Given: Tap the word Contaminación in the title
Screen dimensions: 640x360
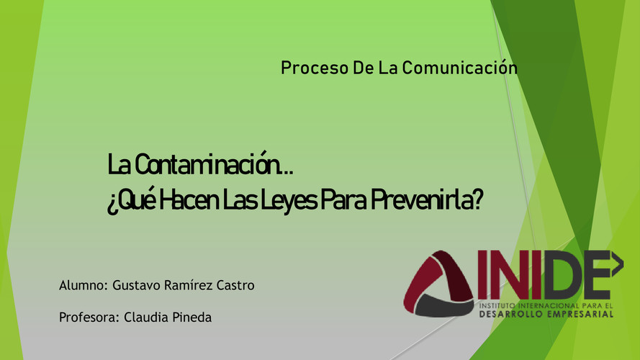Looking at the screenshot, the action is pyautogui.click(x=207, y=163).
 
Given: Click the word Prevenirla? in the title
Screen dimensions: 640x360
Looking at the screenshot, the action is pyautogui.click(x=426, y=199).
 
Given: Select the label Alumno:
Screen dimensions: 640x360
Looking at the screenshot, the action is pyautogui.click(x=84, y=285).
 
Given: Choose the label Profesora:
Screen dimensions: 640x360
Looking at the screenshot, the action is pyautogui.click(x=89, y=317).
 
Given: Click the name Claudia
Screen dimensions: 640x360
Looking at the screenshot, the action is pyautogui.click(x=145, y=317).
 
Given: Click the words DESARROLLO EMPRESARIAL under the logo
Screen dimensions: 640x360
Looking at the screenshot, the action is pyautogui.click(x=546, y=315).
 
